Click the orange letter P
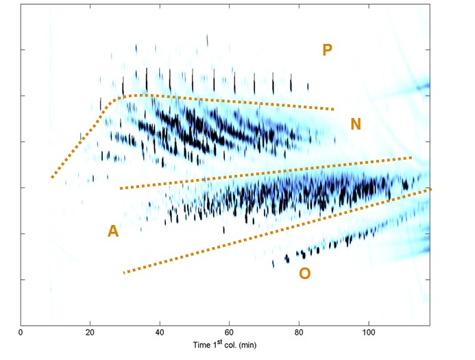click(328, 49)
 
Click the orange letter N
click(356, 124)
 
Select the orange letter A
click(113, 232)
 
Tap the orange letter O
click(305, 274)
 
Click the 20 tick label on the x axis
click(90, 333)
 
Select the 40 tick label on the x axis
click(160, 333)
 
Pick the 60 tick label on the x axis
click(229, 333)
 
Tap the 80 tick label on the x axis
click(299, 333)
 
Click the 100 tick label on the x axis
click(369, 333)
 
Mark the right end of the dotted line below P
click(334, 109)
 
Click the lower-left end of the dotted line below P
click(52, 178)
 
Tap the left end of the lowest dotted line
click(124, 273)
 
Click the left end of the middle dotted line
click(121, 188)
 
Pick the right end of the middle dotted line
click(411, 158)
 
